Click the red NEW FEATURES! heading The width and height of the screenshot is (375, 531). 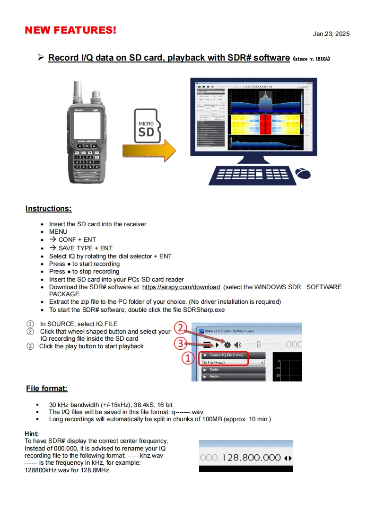click(x=70, y=31)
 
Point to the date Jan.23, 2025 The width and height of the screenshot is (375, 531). click(x=331, y=34)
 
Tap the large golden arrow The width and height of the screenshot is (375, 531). click(x=148, y=150)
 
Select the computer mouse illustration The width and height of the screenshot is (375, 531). click(x=303, y=173)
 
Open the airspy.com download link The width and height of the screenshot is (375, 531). click(x=181, y=287)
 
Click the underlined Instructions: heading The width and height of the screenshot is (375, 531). click(x=49, y=209)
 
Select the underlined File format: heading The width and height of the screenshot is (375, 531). click(x=47, y=389)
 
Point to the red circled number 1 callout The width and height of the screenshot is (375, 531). click(x=188, y=358)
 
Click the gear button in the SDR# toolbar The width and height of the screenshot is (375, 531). click(x=227, y=345)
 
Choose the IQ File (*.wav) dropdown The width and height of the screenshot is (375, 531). click(x=233, y=363)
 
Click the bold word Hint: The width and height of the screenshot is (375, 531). click(x=32, y=434)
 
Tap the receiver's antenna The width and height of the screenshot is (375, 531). click(x=77, y=92)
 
